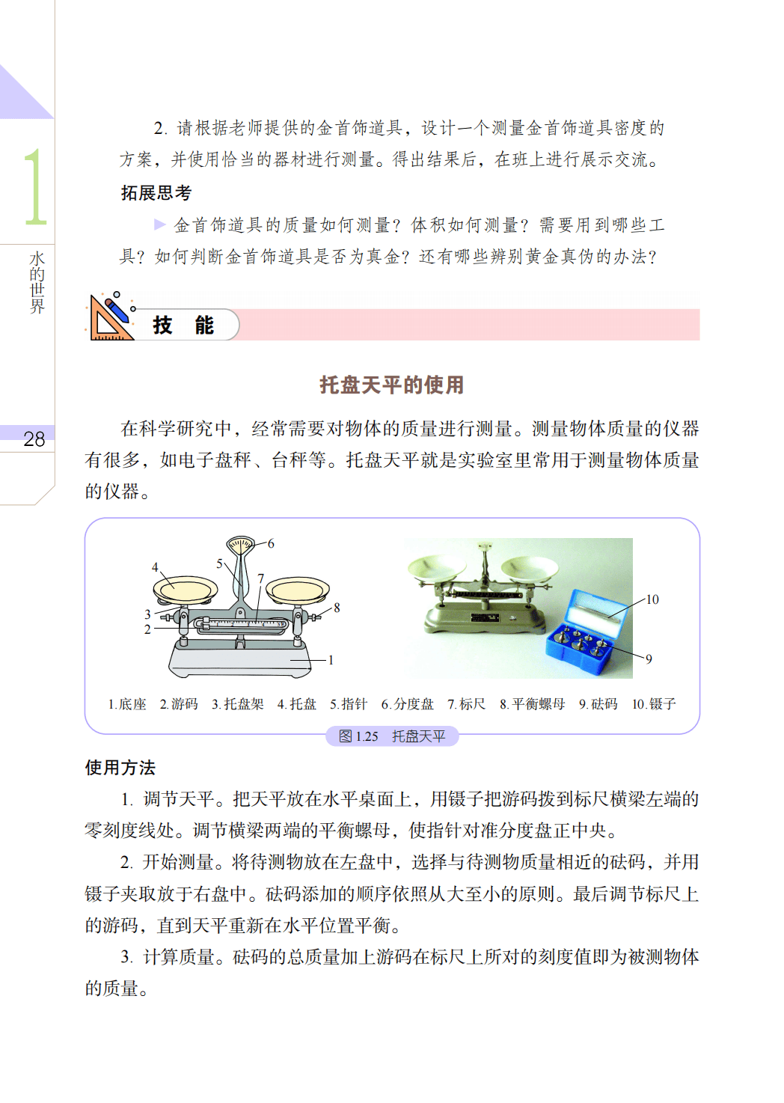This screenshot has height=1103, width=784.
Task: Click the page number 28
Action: coord(34,439)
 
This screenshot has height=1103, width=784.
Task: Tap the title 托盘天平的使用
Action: coord(392,385)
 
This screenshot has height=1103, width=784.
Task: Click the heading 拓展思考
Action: coord(156,192)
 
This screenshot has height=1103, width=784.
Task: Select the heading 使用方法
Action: coord(120,767)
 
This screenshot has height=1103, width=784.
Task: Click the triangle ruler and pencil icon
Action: coord(111,317)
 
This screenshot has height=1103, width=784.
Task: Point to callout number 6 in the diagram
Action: coord(271,543)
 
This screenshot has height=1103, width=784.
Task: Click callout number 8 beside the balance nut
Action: coord(337,608)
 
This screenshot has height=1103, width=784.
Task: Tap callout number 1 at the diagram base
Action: coord(331,660)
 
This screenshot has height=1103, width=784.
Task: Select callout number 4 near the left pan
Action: coord(155,567)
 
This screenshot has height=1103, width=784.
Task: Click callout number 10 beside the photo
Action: coord(652,599)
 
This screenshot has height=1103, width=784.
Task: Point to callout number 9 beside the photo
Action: coord(649,659)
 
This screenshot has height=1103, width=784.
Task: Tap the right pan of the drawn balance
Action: coord(298,590)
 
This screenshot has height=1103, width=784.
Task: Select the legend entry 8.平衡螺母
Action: coord(532,704)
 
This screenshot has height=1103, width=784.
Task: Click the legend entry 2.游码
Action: coord(179,704)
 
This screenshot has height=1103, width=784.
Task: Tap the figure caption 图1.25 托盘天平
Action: coord(392,736)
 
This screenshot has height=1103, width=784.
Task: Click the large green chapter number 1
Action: coord(35,187)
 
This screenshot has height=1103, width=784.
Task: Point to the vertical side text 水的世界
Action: coord(37,282)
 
